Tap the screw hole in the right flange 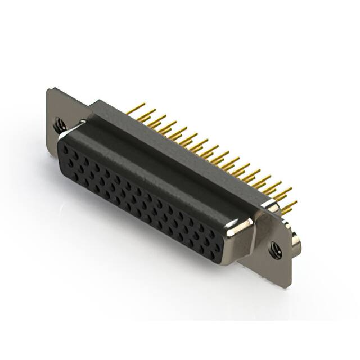(275, 248)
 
